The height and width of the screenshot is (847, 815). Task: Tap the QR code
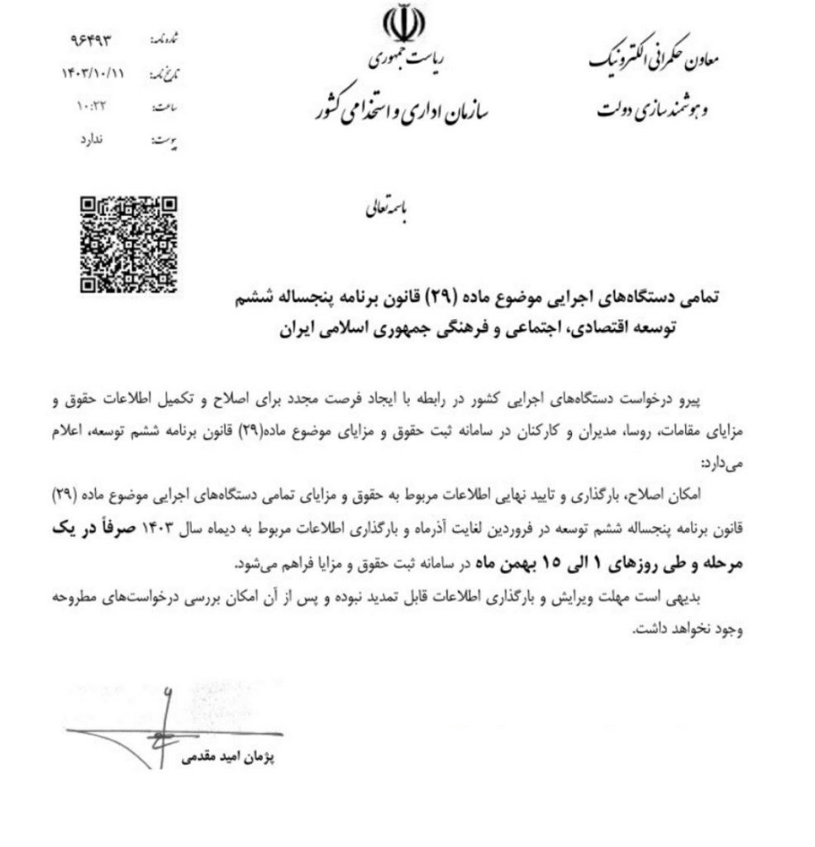tap(129, 244)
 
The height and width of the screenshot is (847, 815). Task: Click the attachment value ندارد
tap(104, 141)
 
